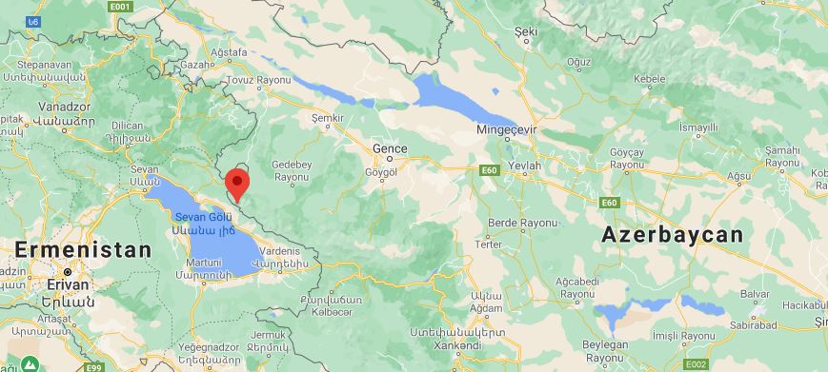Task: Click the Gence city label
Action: click(x=389, y=148)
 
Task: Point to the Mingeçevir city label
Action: click(x=508, y=128)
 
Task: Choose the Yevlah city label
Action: click(x=525, y=166)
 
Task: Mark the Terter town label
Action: click(x=488, y=245)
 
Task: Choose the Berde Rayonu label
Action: click(x=521, y=224)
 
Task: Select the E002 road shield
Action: click(x=697, y=364)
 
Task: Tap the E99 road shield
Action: click(x=93, y=366)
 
